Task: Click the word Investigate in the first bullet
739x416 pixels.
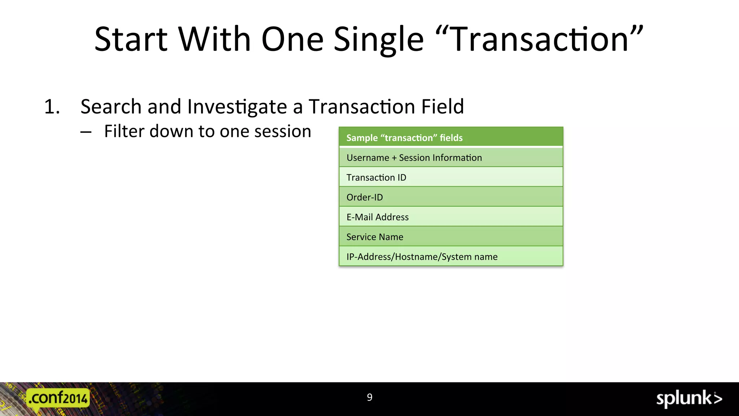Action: [x=237, y=107]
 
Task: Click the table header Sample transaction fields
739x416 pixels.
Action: [x=404, y=138]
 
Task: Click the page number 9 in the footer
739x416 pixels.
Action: [x=369, y=397]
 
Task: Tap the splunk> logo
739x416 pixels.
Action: [x=688, y=399]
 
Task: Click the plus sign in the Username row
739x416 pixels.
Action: [x=394, y=158]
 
